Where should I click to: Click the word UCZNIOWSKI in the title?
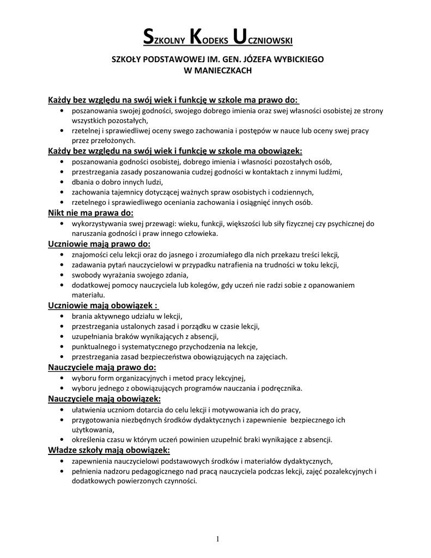tap(263, 38)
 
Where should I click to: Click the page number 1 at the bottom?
tap(217, 539)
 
